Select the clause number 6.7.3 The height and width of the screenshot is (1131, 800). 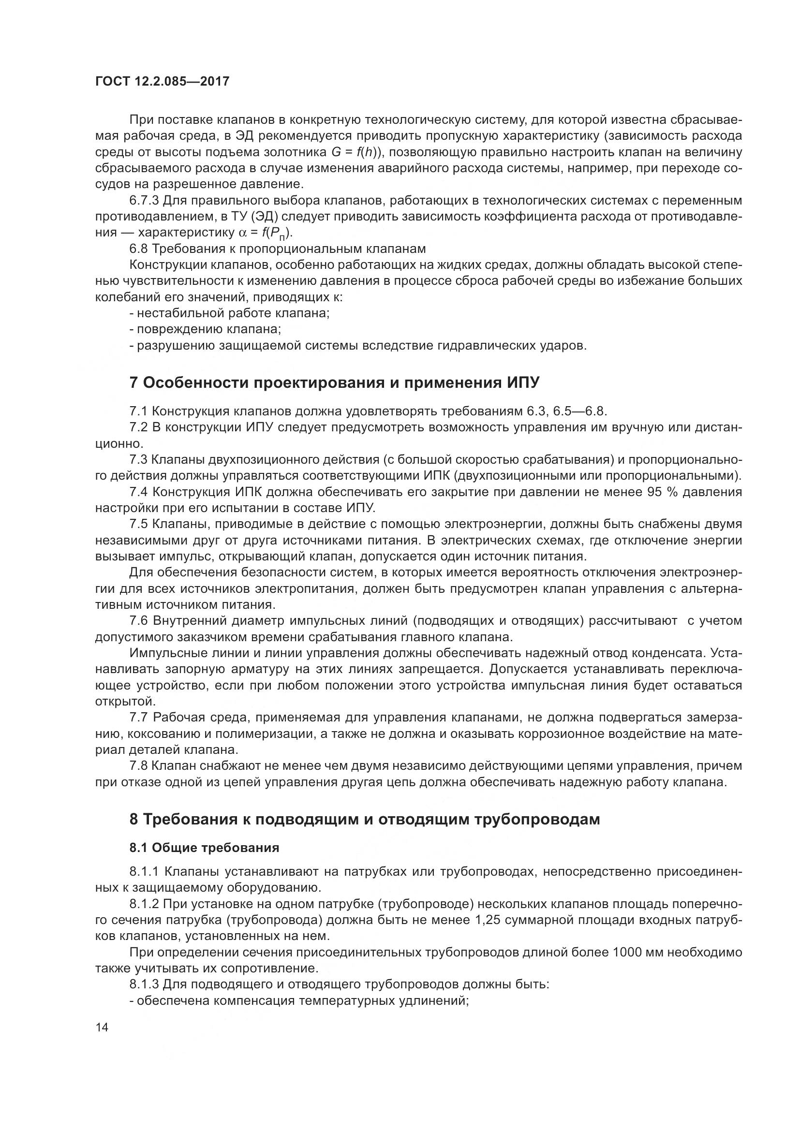pyautogui.click(x=144, y=201)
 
